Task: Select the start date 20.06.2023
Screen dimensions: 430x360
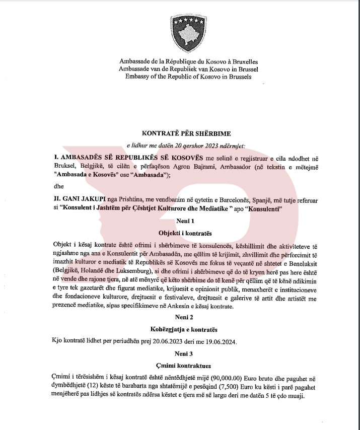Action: pyautogui.click(x=169, y=342)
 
